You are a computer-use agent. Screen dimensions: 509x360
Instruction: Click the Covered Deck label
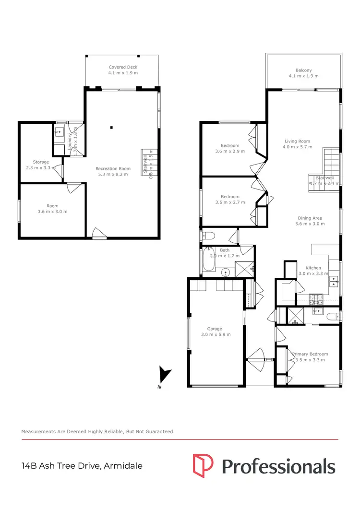tap(123, 67)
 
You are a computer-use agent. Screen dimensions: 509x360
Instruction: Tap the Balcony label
tap(303, 70)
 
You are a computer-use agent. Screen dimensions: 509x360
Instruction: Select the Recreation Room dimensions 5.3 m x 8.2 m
tap(113, 175)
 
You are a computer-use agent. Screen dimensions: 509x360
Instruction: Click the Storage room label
tap(41, 162)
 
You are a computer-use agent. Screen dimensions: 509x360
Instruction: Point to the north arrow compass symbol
tap(165, 375)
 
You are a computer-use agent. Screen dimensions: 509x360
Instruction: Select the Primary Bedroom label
tap(310, 354)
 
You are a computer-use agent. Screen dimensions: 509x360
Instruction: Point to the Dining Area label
tap(310, 218)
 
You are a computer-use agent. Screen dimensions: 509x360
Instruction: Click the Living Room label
tap(297, 141)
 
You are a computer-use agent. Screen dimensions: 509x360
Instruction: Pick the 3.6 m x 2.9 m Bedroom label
tap(230, 145)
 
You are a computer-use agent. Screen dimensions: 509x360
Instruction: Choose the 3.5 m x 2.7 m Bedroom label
tap(229, 196)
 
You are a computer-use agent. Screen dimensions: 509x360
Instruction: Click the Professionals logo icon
tap(203, 465)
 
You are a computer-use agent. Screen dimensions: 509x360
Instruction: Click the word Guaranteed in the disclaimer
tap(158, 432)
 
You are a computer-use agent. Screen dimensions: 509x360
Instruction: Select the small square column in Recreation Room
tap(111, 127)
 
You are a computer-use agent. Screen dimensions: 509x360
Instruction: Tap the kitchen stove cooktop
tap(316, 299)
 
